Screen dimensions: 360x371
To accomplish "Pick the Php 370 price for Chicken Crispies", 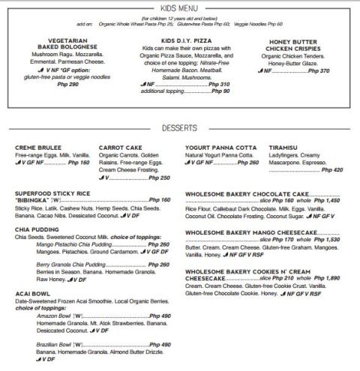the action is [x=319, y=70].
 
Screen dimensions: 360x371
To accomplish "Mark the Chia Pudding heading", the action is [x=35, y=228].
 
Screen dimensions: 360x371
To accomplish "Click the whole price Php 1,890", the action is [x=328, y=277].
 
